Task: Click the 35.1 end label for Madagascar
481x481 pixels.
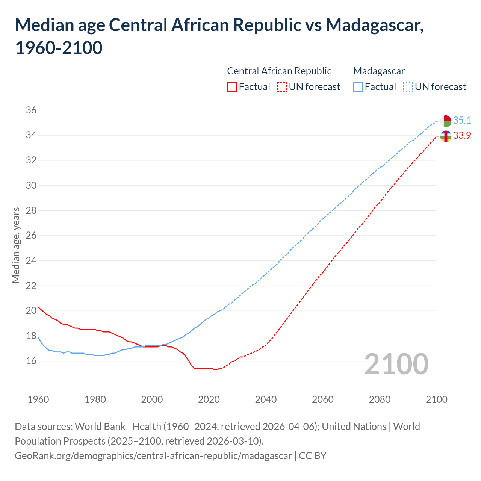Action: point(462,120)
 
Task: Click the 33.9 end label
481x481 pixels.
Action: point(462,135)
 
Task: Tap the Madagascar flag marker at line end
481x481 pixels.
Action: point(446,121)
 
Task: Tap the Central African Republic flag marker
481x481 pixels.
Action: point(446,136)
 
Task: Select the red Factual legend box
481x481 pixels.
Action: point(232,87)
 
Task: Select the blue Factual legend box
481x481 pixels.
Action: point(358,87)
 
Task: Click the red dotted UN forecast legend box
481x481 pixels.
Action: point(282,87)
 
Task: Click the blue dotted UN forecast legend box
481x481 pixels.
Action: point(408,87)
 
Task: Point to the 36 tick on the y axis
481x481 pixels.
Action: point(31,110)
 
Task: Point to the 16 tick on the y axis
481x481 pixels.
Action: point(31,361)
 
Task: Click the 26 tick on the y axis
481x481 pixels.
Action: point(31,236)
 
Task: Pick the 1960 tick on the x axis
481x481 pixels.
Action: point(38,399)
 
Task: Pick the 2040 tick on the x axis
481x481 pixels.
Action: point(266,399)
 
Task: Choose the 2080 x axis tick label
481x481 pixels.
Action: point(380,399)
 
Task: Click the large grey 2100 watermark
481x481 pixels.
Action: point(396,364)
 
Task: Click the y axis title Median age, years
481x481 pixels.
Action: point(16,245)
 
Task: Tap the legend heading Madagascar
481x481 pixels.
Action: point(379,71)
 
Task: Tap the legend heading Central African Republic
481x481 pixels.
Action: point(279,71)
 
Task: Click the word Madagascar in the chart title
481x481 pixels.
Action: point(374,25)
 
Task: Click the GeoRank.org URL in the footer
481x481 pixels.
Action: point(153,456)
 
